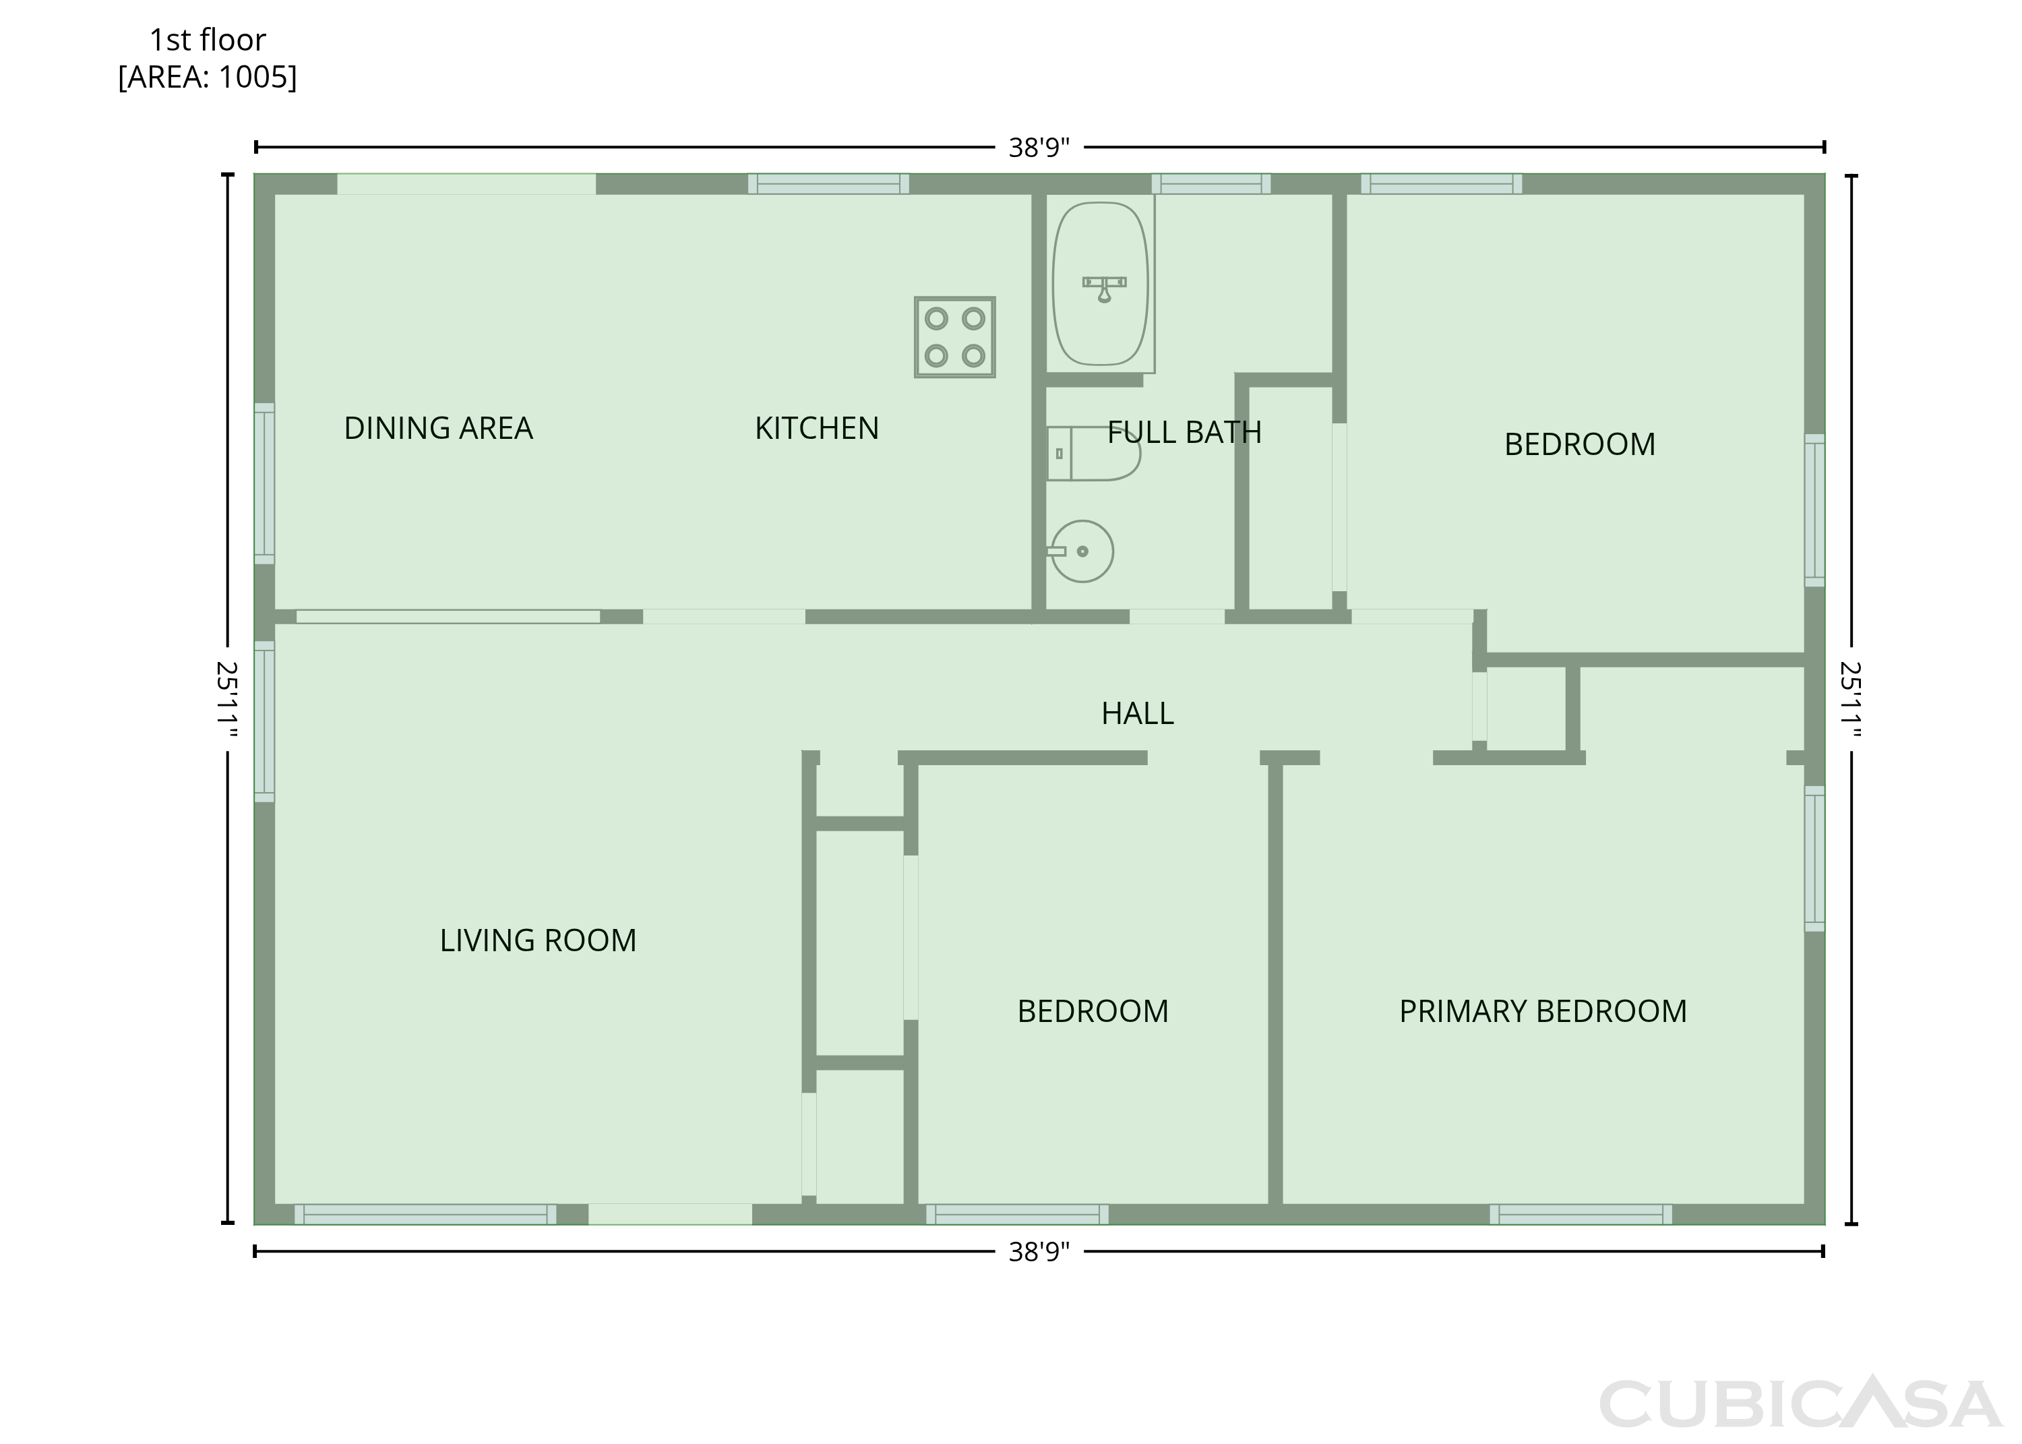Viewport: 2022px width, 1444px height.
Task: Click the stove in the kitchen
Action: click(954, 337)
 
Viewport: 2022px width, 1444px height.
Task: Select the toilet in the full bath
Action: click(1093, 454)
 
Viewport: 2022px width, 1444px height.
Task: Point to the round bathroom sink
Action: click(1082, 551)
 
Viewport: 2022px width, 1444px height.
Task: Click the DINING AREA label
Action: click(438, 429)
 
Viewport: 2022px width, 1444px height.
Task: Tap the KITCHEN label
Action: click(817, 429)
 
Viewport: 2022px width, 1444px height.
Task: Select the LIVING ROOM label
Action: click(538, 940)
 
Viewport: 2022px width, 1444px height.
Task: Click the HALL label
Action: click(1138, 713)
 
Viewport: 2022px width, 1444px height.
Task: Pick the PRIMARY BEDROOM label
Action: click(1543, 1011)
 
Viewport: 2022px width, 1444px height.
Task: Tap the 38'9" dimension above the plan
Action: click(1039, 148)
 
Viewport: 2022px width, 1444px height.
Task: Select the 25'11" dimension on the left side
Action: click(228, 700)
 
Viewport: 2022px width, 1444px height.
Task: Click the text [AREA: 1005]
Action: click(208, 78)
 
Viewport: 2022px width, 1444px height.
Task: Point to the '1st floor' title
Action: click(208, 40)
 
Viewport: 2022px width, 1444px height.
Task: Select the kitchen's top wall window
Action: click(828, 184)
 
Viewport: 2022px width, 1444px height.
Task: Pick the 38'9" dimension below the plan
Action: click(1039, 1252)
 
